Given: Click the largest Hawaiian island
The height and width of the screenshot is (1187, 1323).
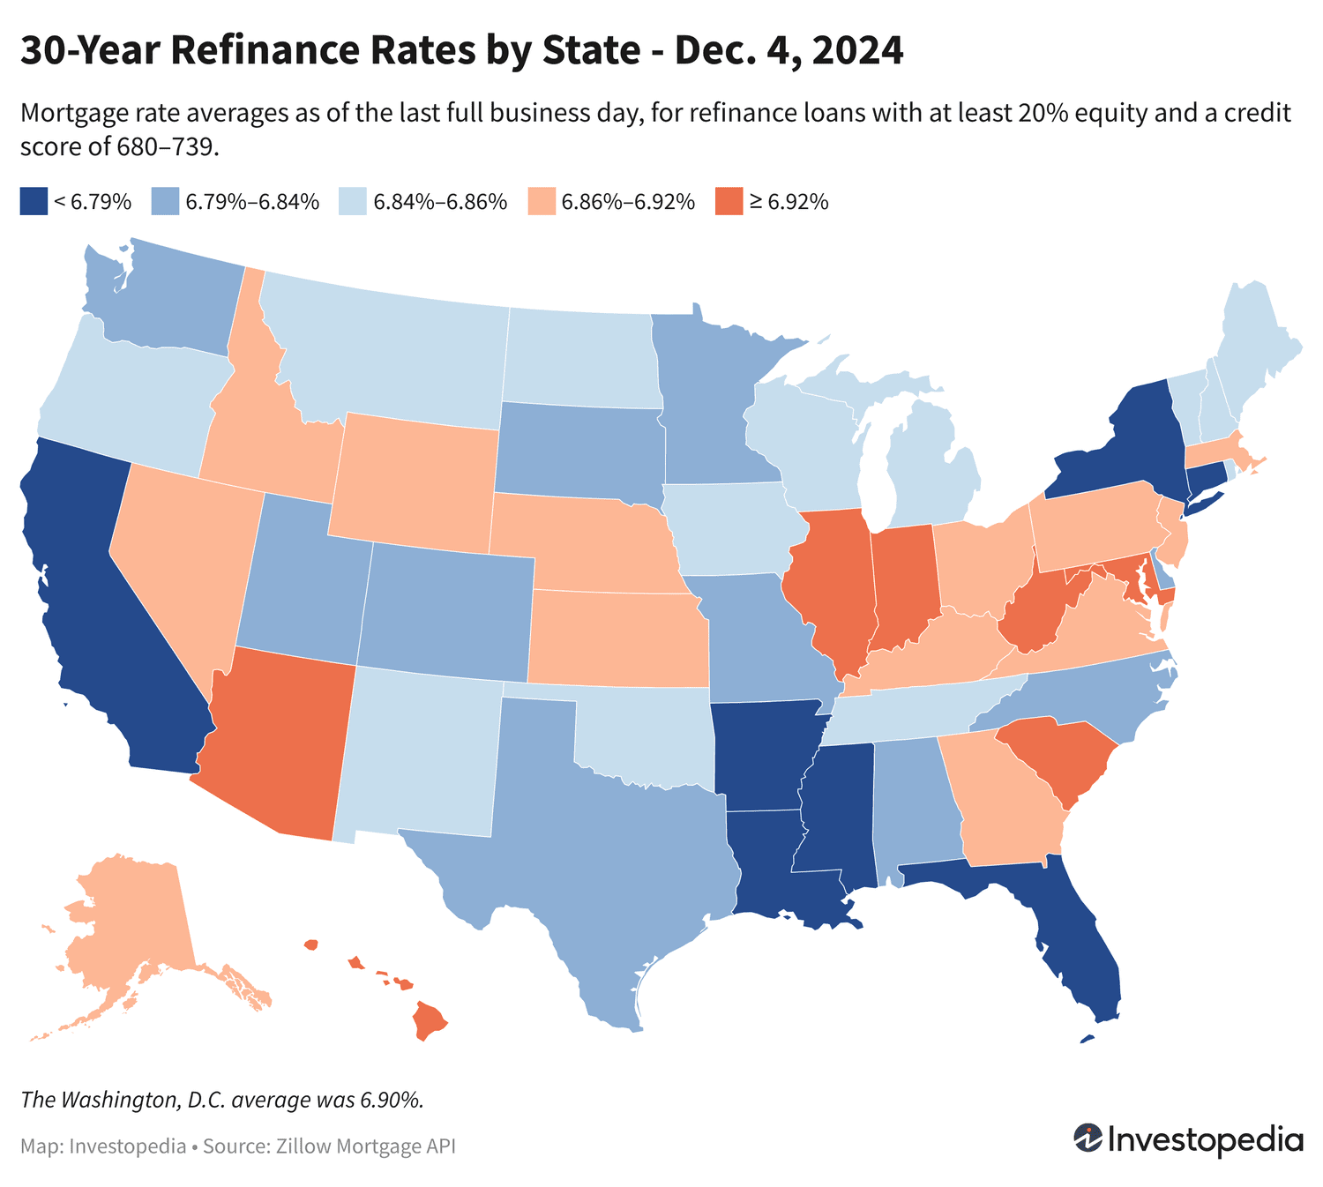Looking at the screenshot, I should [x=430, y=1021].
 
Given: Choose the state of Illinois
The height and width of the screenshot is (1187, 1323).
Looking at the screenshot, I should [x=829, y=582].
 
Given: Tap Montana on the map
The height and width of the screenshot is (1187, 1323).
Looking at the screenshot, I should [x=388, y=353].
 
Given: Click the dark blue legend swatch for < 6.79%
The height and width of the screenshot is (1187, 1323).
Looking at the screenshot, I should [x=33, y=201].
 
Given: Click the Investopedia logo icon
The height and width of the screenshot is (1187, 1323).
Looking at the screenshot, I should [x=1088, y=1138].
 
